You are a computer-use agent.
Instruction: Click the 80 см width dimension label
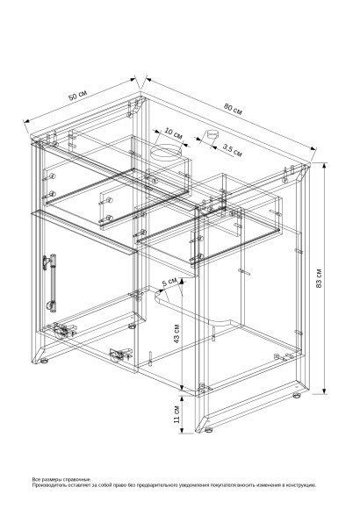click(x=232, y=108)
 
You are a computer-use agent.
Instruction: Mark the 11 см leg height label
click(x=176, y=413)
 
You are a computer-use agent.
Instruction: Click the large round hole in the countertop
click(x=165, y=153)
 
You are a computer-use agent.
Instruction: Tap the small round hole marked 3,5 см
click(x=209, y=134)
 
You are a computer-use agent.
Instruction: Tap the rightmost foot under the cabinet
click(x=296, y=396)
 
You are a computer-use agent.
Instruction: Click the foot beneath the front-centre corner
click(x=206, y=429)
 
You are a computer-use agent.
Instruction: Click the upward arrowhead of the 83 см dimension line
click(x=325, y=164)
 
